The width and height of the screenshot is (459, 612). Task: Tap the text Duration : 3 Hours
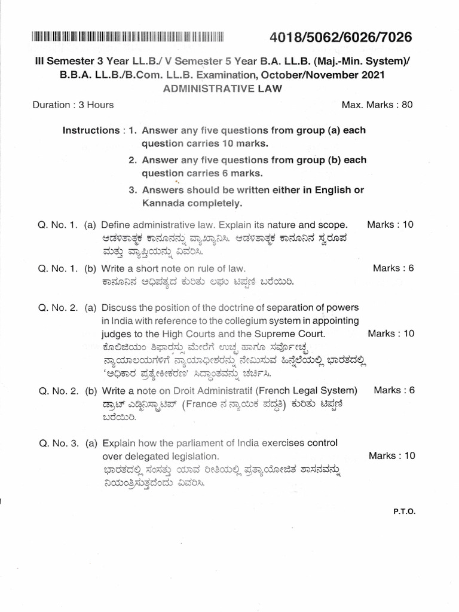(x=73, y=105)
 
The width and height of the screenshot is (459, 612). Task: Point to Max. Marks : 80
(x=377, y=105)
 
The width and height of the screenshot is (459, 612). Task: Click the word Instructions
(x=91, y=130)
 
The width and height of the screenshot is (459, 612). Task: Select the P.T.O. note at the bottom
(x=404, y=512)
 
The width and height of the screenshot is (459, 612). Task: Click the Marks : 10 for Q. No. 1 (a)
(x=390, y=225)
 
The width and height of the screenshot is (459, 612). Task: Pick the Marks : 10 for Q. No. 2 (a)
(x=390, y=333)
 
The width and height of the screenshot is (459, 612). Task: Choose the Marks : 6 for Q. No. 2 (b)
(x=393, y=390)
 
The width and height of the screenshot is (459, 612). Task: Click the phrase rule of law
(x=221, y=268)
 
